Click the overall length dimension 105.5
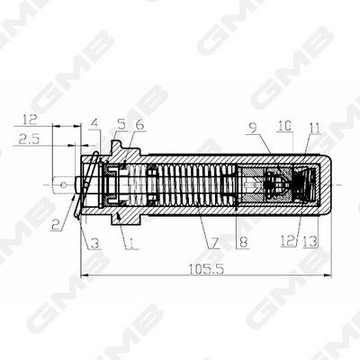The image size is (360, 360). click(206, 269)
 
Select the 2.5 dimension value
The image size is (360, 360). click(29, 139)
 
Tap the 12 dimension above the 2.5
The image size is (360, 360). click(30, 120)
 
